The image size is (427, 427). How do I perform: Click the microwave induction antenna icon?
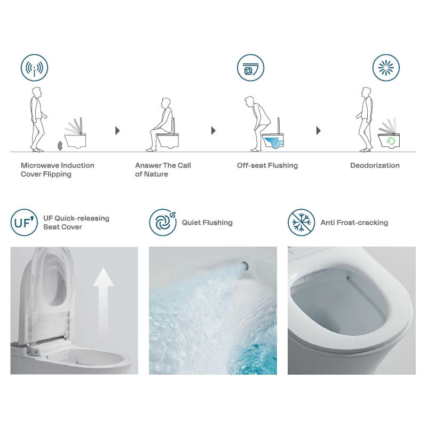click(34, 68)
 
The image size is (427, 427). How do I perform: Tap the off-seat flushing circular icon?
click(250, 68)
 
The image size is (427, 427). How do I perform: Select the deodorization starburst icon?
click(386, 68)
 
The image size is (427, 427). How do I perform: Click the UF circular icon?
click(24, 223)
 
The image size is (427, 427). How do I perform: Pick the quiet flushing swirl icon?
click(163, 223)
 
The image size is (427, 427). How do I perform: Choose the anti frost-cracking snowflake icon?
click(302, 223)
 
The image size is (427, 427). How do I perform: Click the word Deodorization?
click(375, 165)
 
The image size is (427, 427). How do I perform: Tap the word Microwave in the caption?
click(40, 165)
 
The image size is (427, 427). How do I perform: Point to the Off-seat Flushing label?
click(267, 165)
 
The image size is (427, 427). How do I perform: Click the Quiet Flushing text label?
click(207, 223)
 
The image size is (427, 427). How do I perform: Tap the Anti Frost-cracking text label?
click(354, 223)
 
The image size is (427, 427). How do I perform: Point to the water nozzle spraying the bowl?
click(244, 266)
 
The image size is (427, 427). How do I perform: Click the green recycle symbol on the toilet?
click(391, 141)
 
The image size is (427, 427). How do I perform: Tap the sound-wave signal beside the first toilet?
click(60, 146)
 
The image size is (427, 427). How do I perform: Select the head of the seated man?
click(165, 102)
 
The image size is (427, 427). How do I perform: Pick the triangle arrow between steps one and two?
click(117, 131)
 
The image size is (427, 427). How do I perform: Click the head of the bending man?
click(249, 101)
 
